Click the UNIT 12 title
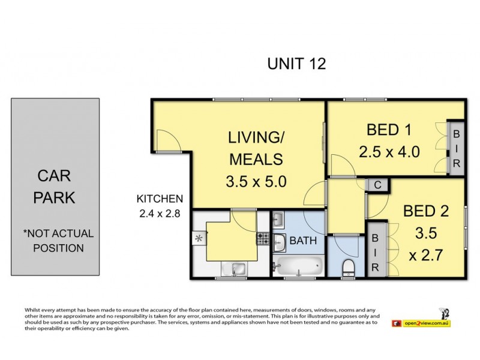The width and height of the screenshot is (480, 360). pos(296,64)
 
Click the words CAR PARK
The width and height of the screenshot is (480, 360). pos(55,187)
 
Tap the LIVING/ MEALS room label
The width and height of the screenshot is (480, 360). pos(255,148)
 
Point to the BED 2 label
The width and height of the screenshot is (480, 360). pos(425,212)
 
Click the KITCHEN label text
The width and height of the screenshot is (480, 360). pos(160,199)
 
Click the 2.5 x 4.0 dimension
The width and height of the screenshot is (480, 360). pos(389,152)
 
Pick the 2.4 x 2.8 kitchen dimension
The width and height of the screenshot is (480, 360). pos(159,212)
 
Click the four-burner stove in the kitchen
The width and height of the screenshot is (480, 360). pos(263,238)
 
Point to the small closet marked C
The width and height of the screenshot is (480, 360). pos(377,185)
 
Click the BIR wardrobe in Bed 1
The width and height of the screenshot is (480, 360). pos(456,148)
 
